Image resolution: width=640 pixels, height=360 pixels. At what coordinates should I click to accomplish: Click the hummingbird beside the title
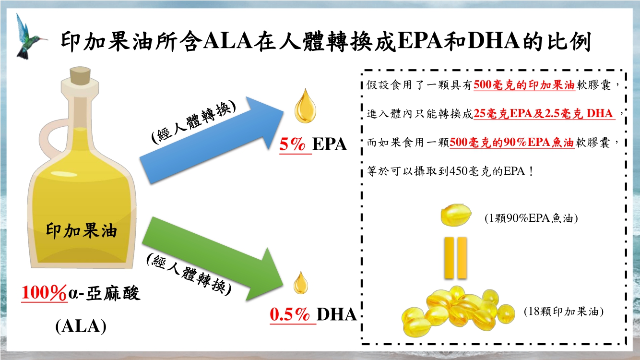click(x=29, y=37)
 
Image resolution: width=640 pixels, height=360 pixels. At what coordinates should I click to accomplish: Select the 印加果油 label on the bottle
click(x=82, y=231)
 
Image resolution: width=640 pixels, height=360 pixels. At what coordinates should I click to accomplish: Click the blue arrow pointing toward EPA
click(x=212, y=140)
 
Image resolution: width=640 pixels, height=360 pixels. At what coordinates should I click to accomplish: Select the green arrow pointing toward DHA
click(x=213, y=259)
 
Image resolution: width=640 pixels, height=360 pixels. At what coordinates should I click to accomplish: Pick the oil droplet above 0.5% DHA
click(x=301, y=283)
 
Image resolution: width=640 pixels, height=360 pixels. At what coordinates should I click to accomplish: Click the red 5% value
click(x=292, y=144)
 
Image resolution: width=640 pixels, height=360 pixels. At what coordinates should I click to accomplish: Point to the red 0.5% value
click(x=290, y=314)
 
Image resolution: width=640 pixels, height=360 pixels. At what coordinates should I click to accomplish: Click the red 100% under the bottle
click(x=44, y=292)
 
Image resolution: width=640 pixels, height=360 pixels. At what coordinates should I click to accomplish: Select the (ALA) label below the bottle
click(x=81, y=326)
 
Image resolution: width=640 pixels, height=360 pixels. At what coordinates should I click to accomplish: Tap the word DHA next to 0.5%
click(x=337, y=314)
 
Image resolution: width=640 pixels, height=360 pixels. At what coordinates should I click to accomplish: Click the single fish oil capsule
click(x=456, y=215)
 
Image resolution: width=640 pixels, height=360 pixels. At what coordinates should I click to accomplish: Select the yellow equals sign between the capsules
click(x=456, y=258)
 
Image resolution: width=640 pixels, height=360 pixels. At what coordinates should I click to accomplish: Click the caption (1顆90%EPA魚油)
click(x=531, y=218)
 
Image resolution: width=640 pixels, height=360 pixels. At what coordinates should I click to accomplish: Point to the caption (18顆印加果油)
click(x=563, y=312)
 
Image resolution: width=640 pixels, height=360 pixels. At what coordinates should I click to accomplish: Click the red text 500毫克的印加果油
click(x=524, y=85)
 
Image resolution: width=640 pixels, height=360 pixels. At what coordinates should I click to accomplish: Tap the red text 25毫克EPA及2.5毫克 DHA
click(x=544, y=113)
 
